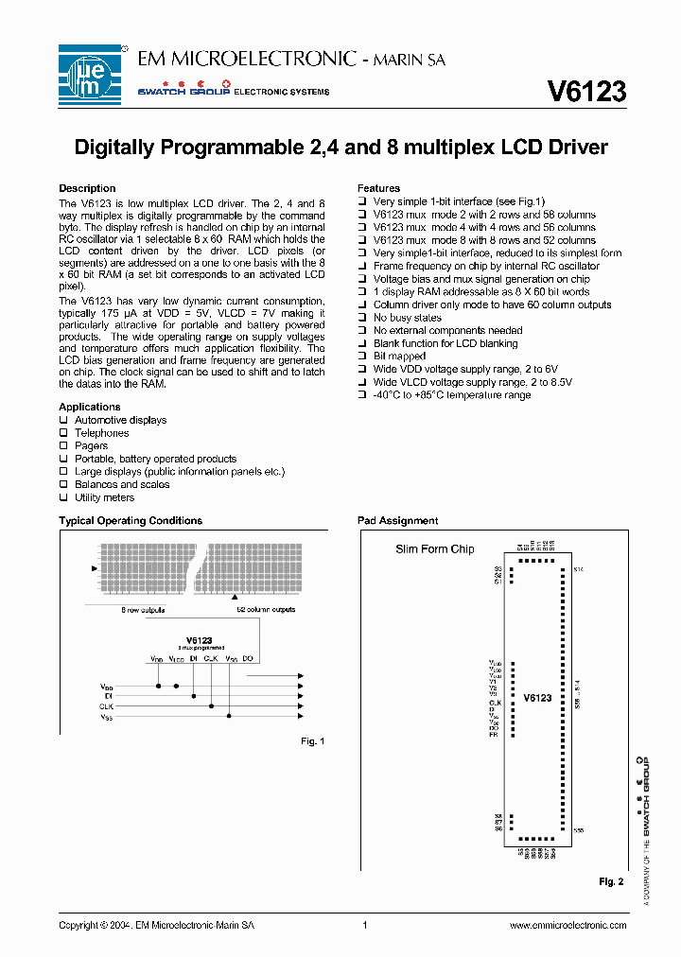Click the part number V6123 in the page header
tap(586, 91)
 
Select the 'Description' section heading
tap(87, 188)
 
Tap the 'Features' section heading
tap(378, 188)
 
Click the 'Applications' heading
tap(90, 407)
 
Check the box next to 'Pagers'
tap(64, 445)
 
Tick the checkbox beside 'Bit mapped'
tap(362, 357)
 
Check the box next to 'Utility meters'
tap(64, 497)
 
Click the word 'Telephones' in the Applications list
tap(101, 433)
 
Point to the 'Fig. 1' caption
tap(312, 741)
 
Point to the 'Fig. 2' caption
tap(611, 881)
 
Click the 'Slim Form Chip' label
tap(434, 549)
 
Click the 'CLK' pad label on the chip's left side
tap(494, 703)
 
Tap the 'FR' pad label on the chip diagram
tap(494, 735)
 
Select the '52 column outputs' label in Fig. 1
tap(266, 610)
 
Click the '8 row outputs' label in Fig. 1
tap(144, 610)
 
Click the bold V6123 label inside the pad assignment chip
tap(537, 697)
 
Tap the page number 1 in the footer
tap(364, 926)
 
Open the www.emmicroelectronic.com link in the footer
tap(567, 926)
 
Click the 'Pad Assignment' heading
tap(397, 520)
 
